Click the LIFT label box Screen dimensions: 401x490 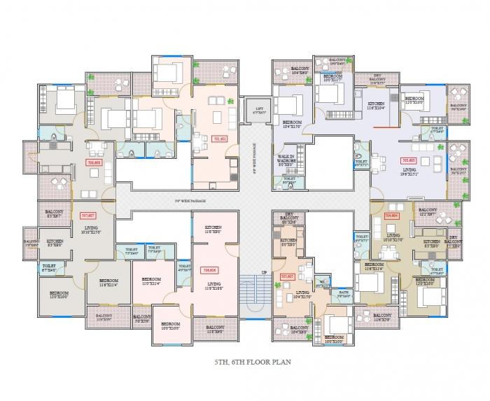[252, 109]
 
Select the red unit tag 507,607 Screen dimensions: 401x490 [88, 216]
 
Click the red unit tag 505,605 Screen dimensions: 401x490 [286, 276]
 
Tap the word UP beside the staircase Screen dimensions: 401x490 [264, 272]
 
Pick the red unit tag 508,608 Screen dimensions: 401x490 [93, 162]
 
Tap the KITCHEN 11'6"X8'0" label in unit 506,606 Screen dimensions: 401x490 [213, 229]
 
